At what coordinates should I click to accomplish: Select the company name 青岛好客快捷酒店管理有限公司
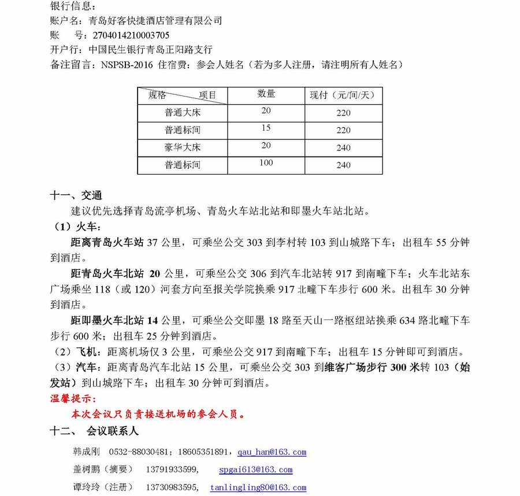click(155, 21)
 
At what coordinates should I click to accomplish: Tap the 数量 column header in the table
click(266, 94)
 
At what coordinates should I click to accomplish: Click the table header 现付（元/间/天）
click(343, 95)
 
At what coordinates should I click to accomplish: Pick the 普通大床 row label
click(183, 113)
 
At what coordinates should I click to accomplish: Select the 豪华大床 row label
click(183, 147)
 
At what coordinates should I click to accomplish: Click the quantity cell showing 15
click(266, 128)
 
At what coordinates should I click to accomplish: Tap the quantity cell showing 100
click(266, 163)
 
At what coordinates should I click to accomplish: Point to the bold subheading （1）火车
click(77, 225)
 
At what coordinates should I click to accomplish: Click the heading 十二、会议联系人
click(95, 431)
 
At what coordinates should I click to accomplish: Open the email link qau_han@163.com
click(272, 452)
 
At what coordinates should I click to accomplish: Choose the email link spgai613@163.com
click(256, 470)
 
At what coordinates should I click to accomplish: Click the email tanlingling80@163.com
click(258, 488)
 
